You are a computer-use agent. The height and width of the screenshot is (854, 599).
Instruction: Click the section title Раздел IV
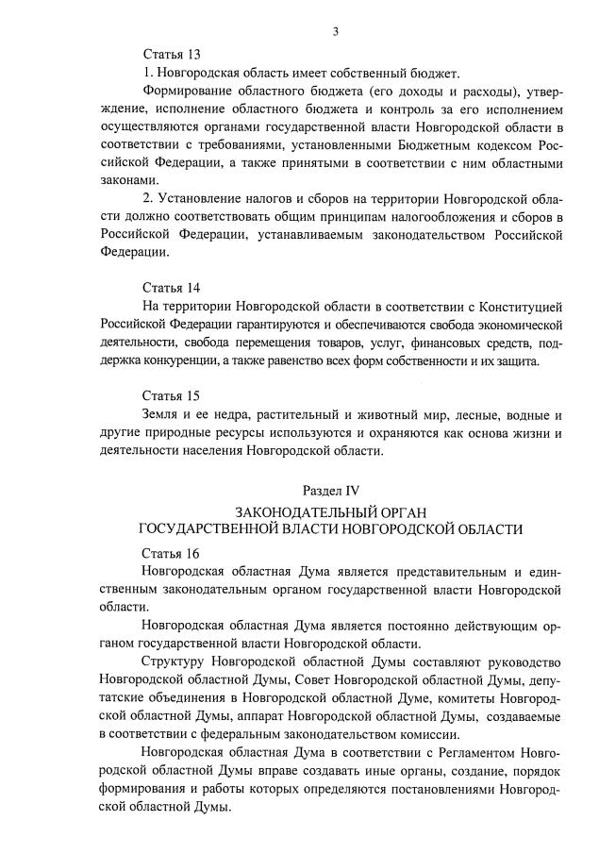pyautogui.click(x=331, y=491)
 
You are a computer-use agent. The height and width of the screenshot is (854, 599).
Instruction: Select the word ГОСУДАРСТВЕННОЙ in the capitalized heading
pyautogui.click(x=218, y=530)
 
